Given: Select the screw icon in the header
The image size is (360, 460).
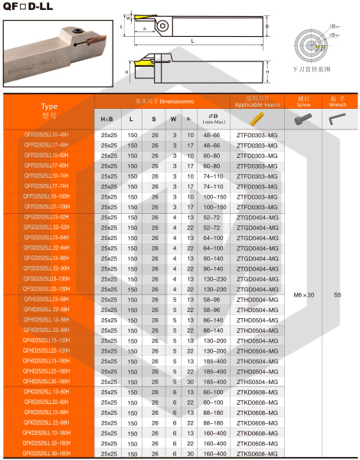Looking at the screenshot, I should (299, 120).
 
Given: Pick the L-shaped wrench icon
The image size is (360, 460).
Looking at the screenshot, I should (337, 120).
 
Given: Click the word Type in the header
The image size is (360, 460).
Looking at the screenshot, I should (49, 107).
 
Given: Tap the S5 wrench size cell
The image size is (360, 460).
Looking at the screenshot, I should (337, 294).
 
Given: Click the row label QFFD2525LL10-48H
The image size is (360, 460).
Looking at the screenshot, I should (51, 135).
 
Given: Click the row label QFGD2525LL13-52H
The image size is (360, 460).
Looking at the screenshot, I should (51, 217).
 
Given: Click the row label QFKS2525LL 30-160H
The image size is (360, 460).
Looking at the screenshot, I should (51, 453).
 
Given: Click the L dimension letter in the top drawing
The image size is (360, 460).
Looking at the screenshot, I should (192, 40).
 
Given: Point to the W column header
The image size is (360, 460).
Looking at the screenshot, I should (173, 120).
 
